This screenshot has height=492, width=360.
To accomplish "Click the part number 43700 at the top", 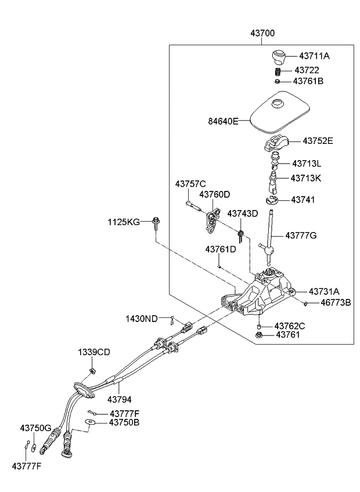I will click(263, 34).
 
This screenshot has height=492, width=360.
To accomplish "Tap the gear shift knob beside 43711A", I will click(279, 57).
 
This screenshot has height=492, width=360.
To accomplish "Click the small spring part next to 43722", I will click(278, 71).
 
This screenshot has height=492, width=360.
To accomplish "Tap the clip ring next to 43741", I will click(270, 200).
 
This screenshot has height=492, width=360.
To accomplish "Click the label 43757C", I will click(190, 184).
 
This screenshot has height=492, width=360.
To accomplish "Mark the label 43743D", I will click(242, 214).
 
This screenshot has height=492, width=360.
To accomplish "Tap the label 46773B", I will click(335, 303).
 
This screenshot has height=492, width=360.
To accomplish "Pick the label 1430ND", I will click(141, 319).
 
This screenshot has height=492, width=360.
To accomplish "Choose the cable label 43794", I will click(120, 399).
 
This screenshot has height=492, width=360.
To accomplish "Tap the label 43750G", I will click(36, 428).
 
